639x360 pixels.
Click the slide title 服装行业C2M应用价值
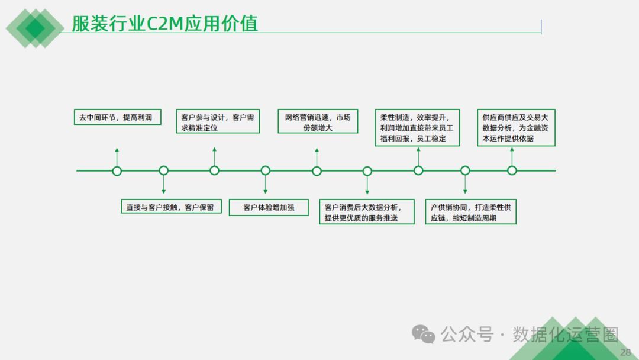(164, 23)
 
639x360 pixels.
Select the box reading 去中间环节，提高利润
(116, 117)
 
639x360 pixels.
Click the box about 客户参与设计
(218, 122)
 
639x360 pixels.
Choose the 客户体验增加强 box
(269, 207)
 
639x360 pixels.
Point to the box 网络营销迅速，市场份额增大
(317, 122)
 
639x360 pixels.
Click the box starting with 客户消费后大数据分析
(367, 212)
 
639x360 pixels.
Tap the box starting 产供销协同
(471, 212)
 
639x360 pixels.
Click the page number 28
(625, 353)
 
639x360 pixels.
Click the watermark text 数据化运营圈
(566, 335)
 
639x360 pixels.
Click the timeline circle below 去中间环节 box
(117, 171)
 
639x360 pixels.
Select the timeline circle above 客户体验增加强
(266, 171)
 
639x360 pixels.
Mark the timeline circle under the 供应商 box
(512, 171)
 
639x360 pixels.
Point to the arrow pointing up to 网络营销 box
(317, 156)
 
